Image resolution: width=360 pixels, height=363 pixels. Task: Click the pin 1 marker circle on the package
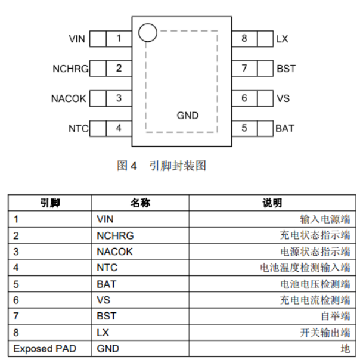(147, 33)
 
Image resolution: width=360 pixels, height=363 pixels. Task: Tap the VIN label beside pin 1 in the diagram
(77, 39)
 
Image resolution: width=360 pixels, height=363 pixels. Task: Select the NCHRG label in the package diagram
(70, 69)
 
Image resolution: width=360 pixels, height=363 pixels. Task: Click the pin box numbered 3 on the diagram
(119, 98)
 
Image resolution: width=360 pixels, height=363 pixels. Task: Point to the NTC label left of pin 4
(78, 128)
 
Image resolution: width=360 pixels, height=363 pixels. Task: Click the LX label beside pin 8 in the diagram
(282, 39)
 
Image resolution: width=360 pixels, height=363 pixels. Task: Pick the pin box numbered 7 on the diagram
(244, 69)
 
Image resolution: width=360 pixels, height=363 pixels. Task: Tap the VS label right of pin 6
(283, 98)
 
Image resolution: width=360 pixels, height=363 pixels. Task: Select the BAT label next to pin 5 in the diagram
(284, 128)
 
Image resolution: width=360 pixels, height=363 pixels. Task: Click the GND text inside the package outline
(188, 116)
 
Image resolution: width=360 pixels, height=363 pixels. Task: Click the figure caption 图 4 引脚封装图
(162, 166)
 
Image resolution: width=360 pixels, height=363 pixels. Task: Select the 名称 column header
(140, 203)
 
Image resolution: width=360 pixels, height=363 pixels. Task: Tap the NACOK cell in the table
(114, 252)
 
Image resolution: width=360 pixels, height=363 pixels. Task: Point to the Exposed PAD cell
(45, 348)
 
